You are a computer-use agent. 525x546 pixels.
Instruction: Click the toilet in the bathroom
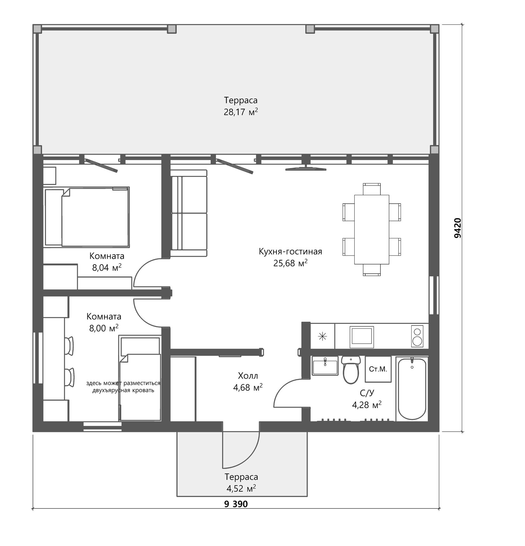[351, 370]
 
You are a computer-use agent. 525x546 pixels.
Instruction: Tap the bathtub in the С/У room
[412, 389]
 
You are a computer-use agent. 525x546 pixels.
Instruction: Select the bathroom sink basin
[325, 366]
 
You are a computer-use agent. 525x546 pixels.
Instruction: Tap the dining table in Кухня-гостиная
[372, 230]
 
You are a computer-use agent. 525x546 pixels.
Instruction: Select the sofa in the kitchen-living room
[188, 213]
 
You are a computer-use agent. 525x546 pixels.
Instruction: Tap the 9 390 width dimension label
[236, 504]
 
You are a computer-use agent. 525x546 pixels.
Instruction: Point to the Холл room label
[248, 375]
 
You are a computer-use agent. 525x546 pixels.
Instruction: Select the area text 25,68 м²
[290, 263]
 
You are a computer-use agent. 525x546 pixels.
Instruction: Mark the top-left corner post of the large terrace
[37, 29]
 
